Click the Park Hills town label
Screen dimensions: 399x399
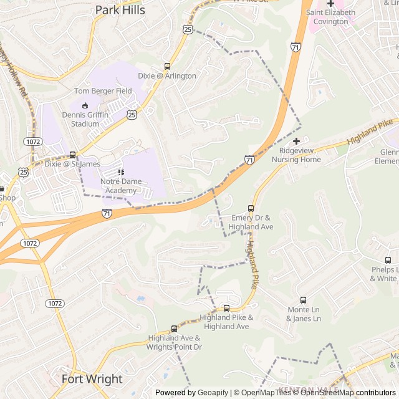coord(120,10)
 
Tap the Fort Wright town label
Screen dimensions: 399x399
coord(92,378)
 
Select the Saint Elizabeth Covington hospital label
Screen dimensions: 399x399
coord(330,17)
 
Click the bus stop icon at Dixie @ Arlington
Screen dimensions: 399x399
coord(167,66)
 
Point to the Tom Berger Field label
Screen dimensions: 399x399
coord(103,91)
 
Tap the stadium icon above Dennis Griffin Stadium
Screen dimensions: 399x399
coord(85,105)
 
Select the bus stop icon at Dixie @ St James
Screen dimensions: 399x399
coord(72,155)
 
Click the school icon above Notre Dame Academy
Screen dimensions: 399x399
coord(121,171)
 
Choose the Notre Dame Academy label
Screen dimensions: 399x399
coord(121,186)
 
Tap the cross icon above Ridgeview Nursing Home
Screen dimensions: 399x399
coord(296,141)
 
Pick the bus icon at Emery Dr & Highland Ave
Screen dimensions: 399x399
coord(251,208)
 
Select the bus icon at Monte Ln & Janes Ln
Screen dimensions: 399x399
coord(304,300)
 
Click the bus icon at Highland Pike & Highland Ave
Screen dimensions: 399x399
coord(226,308)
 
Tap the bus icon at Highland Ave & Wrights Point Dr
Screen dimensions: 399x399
coord(175,329)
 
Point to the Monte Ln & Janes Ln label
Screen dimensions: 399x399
coord(304,314)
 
